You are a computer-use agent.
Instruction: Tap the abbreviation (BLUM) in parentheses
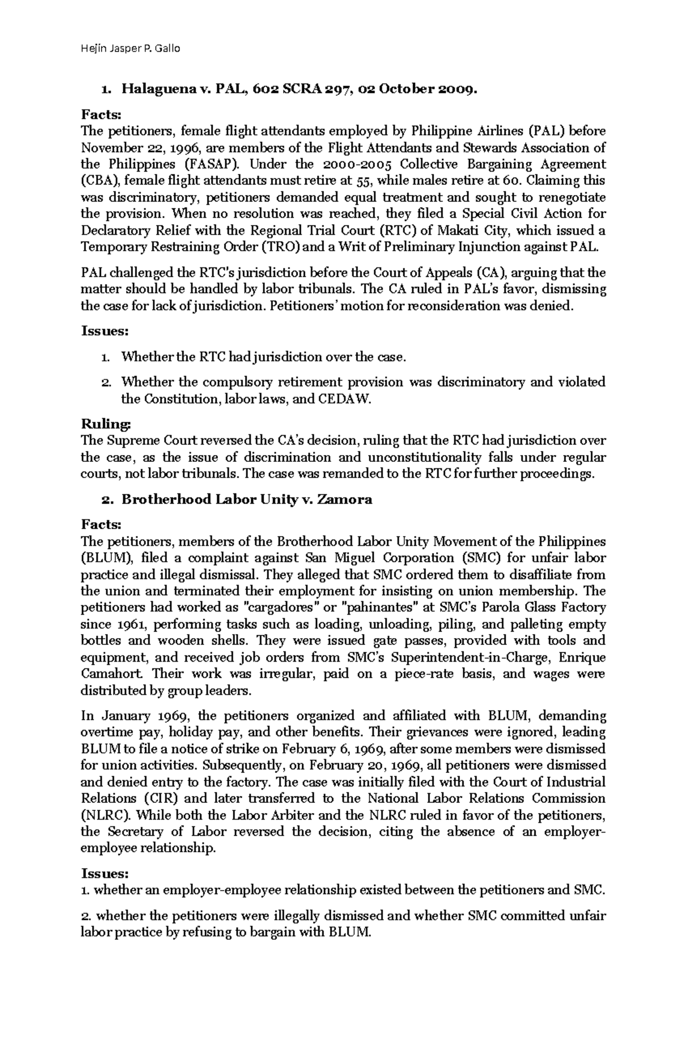coord(107,558)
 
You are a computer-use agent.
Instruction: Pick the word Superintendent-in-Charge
coord(463,657)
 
